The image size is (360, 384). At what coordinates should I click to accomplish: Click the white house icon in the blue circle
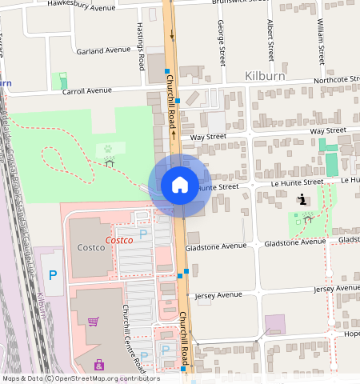[x=180, y=186]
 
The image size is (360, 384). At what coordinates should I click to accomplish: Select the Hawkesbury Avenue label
[x=81, y=6]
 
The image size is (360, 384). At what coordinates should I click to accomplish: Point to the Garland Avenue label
[x=103, y=50]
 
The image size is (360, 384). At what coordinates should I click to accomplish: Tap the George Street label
[x=220, y=43]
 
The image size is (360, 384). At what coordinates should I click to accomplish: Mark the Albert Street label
[x=271, y=42]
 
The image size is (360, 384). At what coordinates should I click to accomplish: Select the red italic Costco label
[x=120, y=240]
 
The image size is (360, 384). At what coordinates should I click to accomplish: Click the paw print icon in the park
[x=106, y=148]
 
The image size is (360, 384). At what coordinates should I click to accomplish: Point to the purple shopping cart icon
[x=93, y=322]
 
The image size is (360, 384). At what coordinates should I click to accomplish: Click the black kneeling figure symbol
[x=302, y=199]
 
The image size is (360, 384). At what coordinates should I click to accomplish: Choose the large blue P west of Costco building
[x=53, y=275]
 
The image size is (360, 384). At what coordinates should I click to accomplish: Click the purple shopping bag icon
[x=99, y=365]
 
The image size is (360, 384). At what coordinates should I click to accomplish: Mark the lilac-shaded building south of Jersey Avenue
[x=274, y=324]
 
